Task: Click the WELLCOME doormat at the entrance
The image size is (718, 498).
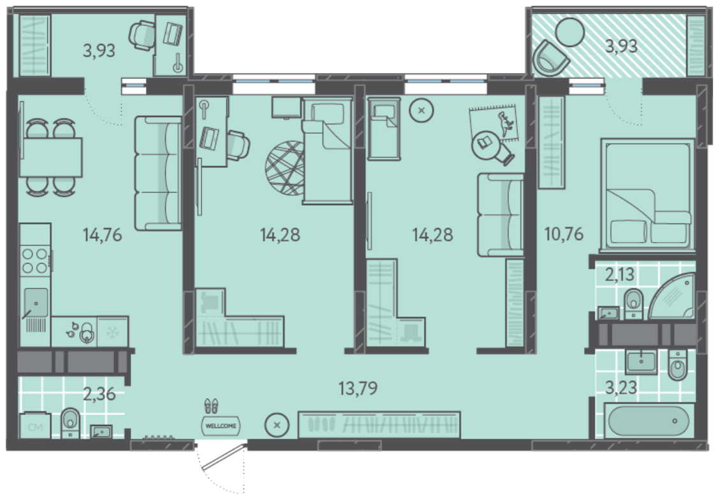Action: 221,426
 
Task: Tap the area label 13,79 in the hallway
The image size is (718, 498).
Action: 358,388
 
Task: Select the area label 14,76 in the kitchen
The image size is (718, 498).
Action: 102,235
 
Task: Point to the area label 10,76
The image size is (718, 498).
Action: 564,234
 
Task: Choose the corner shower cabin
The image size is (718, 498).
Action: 671,296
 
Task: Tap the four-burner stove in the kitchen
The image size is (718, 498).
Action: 35,260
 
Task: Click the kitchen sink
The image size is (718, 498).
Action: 35,302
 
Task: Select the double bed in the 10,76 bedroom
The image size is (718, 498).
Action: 647,196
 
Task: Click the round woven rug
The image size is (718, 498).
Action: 285,168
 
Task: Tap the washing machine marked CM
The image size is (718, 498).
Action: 35,426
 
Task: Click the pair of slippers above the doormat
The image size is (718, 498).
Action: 211,406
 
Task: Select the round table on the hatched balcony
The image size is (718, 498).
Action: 570,32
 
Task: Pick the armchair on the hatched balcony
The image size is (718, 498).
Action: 551,57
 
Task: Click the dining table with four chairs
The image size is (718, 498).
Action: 51,157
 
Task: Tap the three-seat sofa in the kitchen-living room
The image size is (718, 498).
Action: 158,173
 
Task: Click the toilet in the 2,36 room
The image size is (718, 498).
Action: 70,422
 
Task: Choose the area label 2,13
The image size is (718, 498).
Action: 620,275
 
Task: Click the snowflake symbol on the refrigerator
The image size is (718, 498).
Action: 112,332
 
